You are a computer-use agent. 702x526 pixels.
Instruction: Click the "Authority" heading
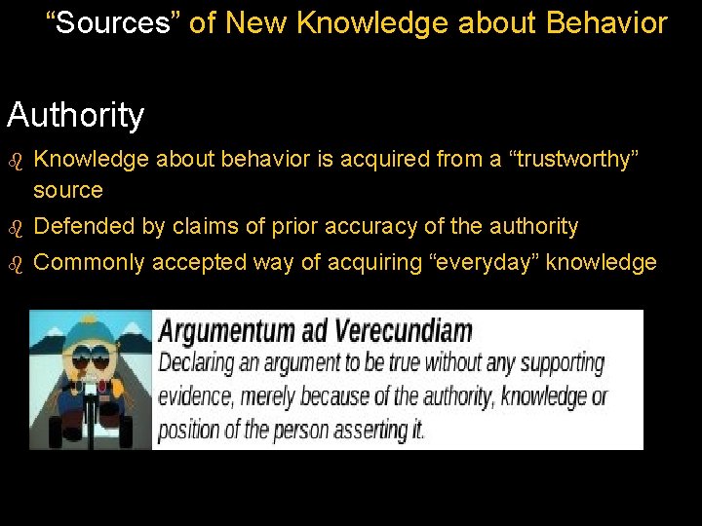[75, 115]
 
